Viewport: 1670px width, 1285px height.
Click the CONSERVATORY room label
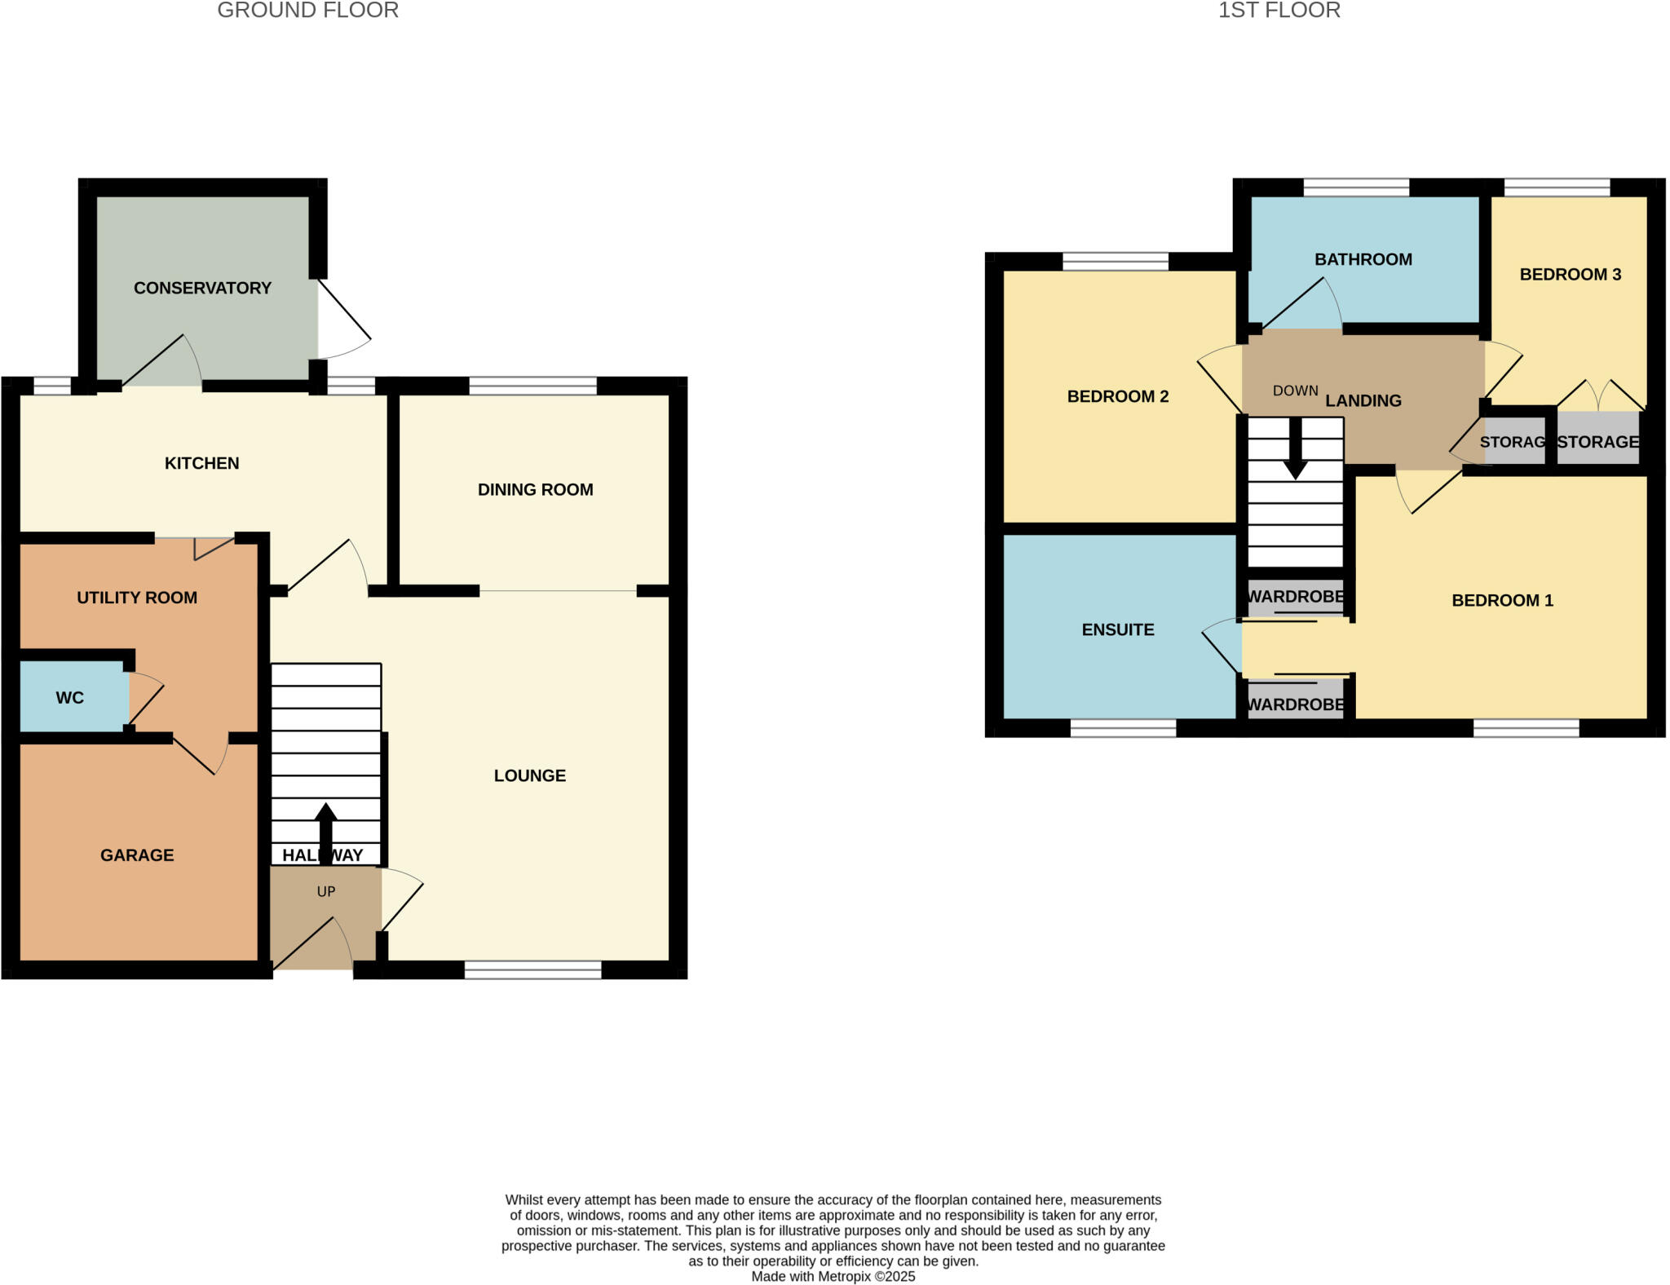coord(202,288)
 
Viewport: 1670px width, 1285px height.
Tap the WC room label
coord(70,698)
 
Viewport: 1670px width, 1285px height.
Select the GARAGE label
coord(137,855)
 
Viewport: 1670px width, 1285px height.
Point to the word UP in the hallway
coord(326,892)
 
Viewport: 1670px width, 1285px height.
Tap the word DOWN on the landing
coord(1295,391)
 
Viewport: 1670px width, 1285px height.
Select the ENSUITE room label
coord(1118,630)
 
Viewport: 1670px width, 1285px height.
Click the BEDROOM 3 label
coord(1570,275)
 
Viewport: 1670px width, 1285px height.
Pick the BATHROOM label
coord(1363,260)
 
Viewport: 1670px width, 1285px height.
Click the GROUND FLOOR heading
coord(307,11)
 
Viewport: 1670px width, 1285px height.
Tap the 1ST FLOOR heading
coord(1279,11)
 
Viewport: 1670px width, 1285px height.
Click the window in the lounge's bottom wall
coord(532,970)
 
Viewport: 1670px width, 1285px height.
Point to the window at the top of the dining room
coord(532,386)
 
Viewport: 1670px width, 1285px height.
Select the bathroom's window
coord(1355,188)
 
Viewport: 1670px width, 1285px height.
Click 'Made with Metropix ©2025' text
coord(833,1277)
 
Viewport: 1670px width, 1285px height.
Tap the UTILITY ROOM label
coord(137,598)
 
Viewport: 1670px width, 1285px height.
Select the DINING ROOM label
coord(535,490)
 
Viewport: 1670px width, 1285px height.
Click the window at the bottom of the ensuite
coord(1123,728)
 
